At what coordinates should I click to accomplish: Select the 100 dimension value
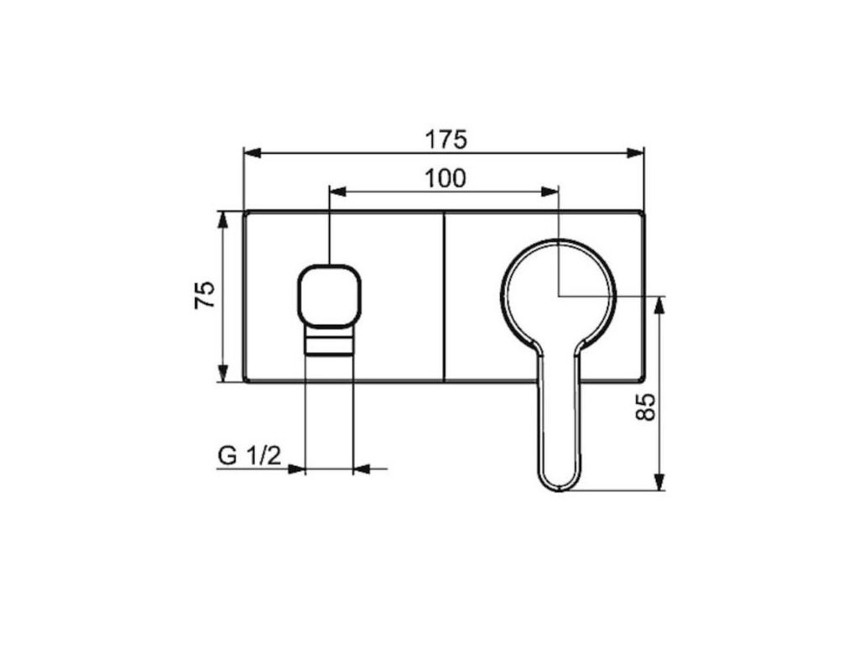pos(445,178)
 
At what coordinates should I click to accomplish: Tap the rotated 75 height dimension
pos(205,295)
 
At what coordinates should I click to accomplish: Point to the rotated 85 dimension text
pos(647,406)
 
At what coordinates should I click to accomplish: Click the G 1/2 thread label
pos(250,455)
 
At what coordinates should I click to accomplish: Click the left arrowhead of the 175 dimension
pos(252,153)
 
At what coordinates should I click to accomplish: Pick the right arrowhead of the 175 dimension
pos(636,153)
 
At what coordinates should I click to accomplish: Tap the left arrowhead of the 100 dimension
pos(337,191)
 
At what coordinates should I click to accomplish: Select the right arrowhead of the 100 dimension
pos(549,191)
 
